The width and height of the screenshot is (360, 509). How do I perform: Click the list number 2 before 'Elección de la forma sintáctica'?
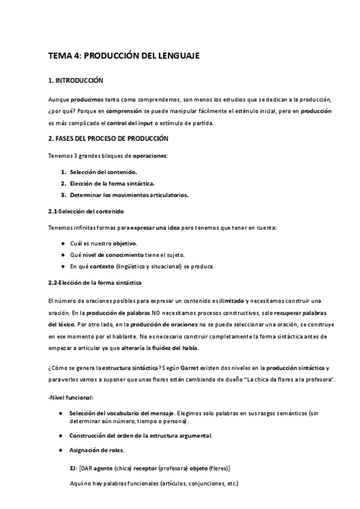tap(63, 183)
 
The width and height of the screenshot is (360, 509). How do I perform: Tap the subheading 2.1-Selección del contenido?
tap(86, 211)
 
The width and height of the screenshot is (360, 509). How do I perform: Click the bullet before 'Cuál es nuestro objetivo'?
tap(63, 244)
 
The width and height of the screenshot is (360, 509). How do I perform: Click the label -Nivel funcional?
tap(70, 397)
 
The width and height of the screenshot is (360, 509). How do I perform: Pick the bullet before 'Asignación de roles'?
tap(63, 451)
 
